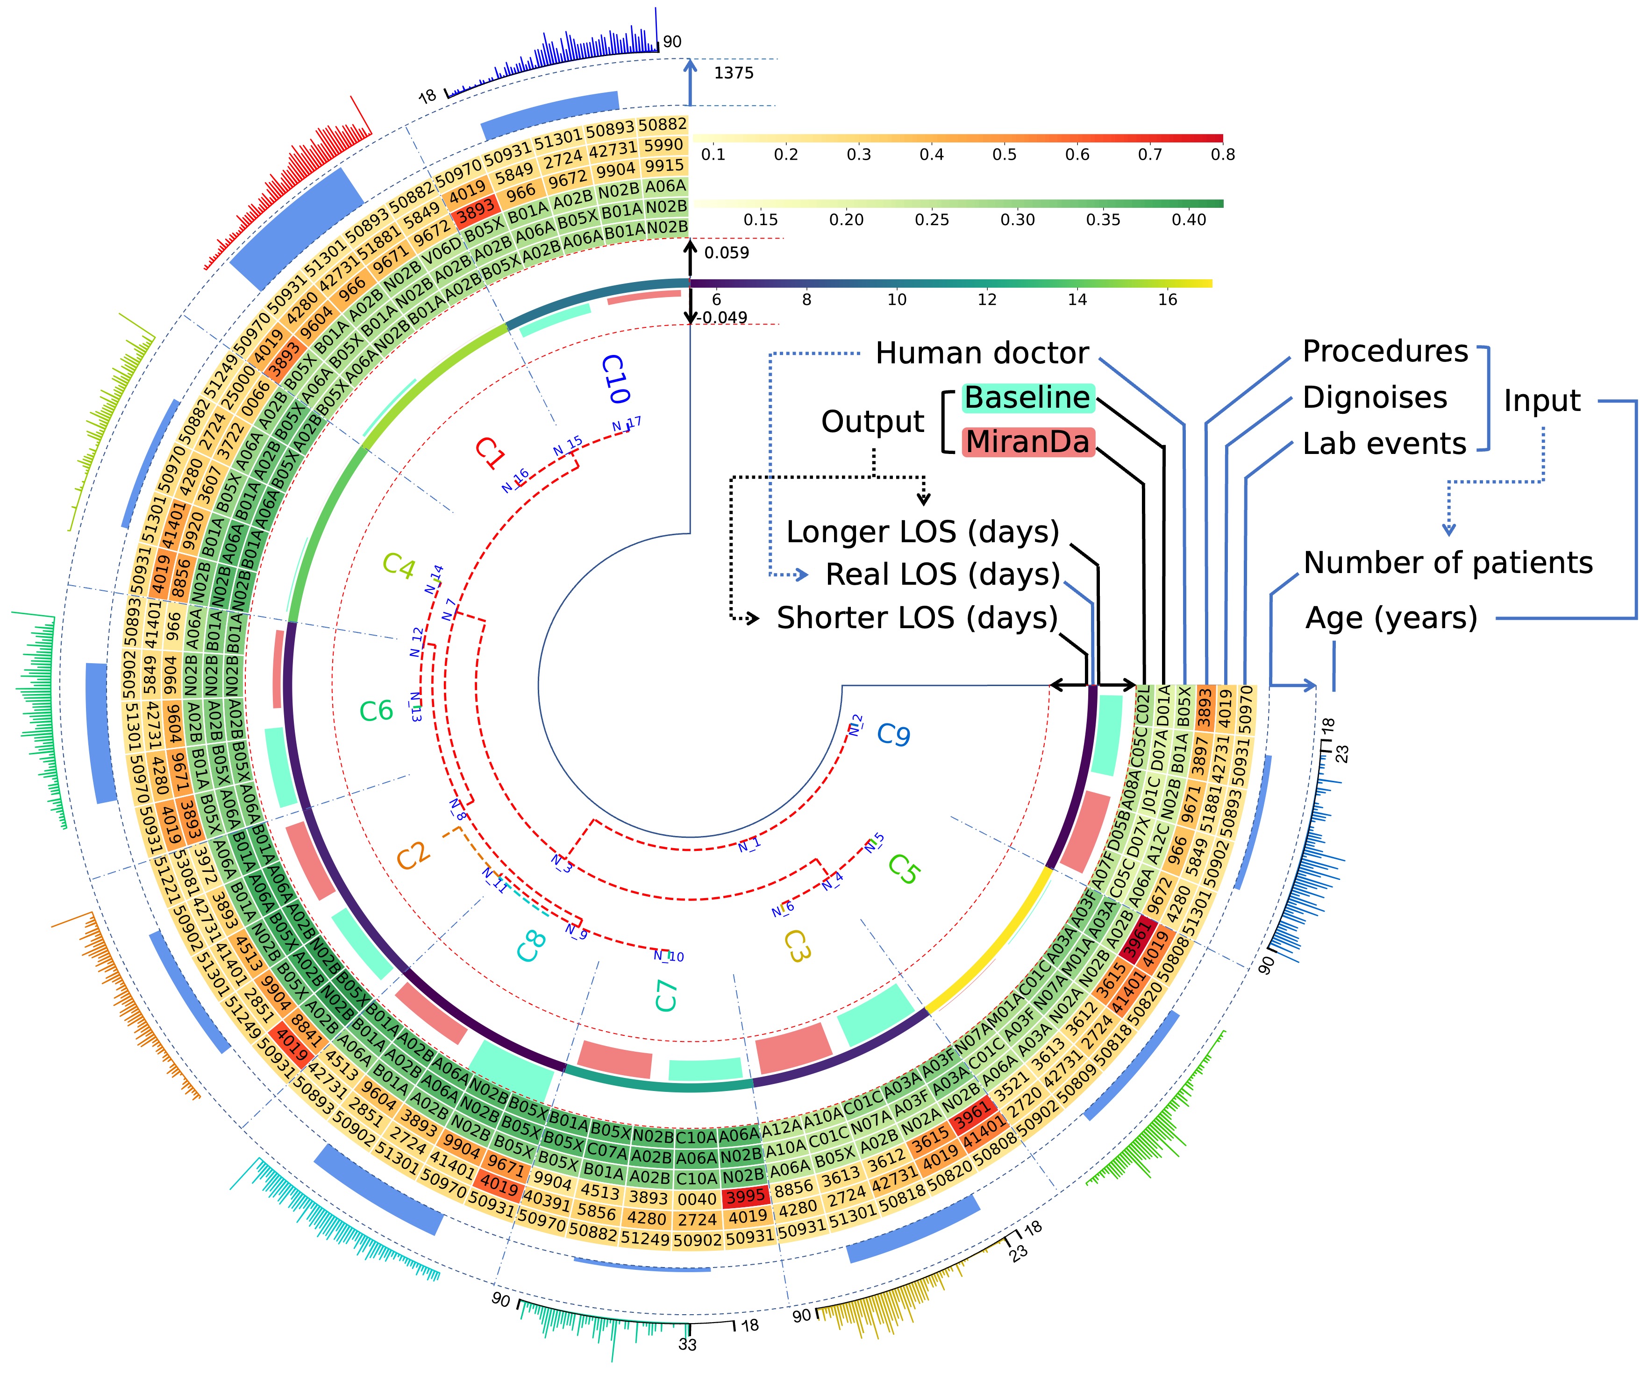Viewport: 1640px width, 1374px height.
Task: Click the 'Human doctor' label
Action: [982, 354]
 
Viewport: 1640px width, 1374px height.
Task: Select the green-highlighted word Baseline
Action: [1027, 397]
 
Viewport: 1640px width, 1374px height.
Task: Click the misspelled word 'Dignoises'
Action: [1375, 397]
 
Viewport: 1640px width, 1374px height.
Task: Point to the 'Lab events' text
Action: [1384, 443]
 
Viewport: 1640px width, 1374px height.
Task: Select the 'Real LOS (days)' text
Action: [942, 574]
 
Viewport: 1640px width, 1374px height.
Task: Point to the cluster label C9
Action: [893, 735]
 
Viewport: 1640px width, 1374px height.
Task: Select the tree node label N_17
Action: [627, 424]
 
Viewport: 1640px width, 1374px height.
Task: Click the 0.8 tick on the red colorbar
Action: [1222, 155]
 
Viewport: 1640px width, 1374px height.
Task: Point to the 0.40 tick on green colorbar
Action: [1189, 220]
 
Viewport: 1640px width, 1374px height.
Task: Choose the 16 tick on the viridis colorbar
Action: [1167, 300]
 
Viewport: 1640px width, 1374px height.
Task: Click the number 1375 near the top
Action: [733, 73]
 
